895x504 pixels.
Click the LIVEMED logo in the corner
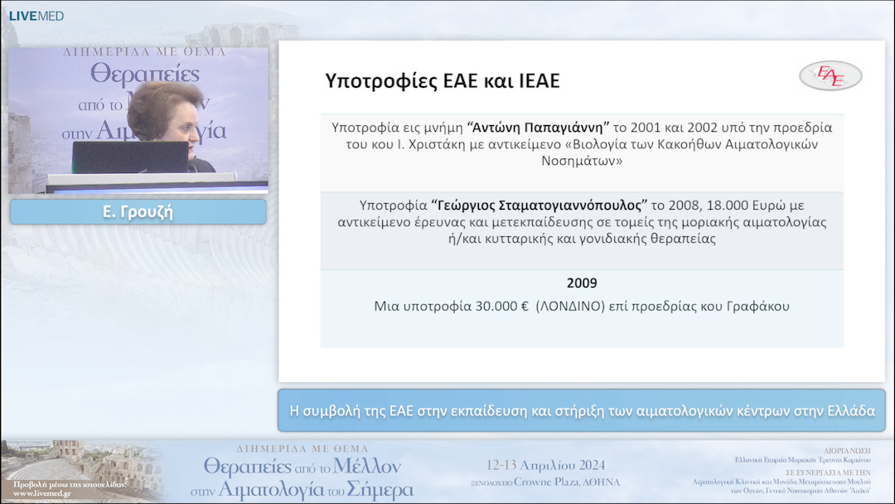[36, 16]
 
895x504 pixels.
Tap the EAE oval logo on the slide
[830, 75]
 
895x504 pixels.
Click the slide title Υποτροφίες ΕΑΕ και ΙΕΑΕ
[443, 81]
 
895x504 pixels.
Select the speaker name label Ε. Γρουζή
[138, 212]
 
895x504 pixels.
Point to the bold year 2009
[582, 282]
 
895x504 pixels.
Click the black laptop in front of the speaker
[130, 157]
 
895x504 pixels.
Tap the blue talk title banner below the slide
[581, 410]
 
